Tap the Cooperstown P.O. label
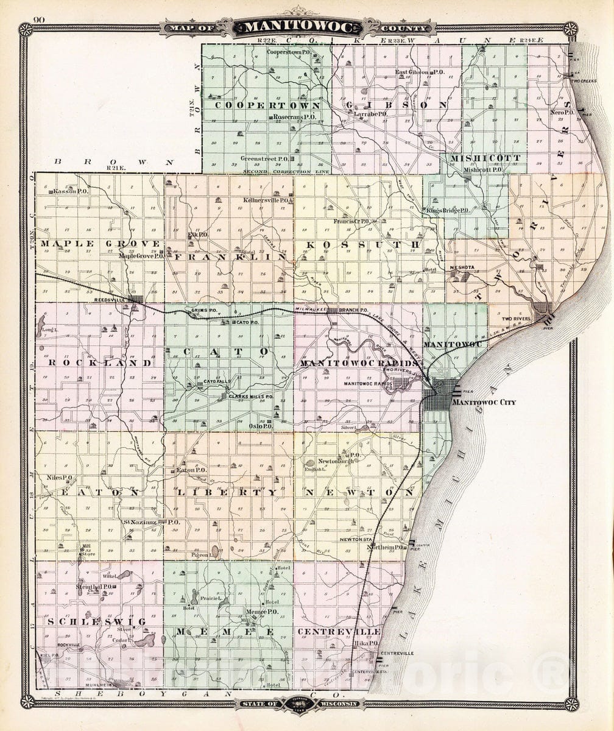point(288,52)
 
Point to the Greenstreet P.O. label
point(263,158)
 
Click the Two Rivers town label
point(515,319)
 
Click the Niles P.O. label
point(59,478)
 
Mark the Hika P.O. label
point(365,643)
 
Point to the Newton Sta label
point(356,539)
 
